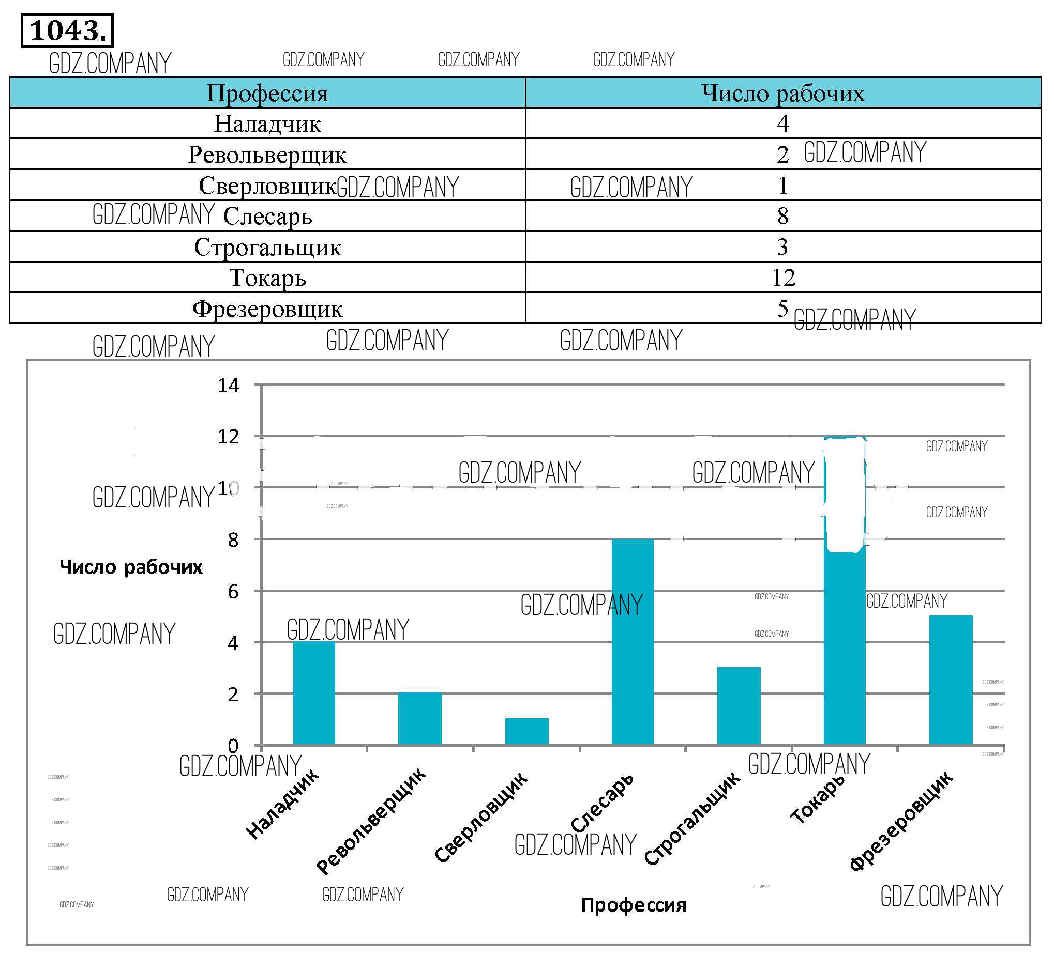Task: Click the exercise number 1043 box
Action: pos(67,31)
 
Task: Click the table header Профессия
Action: pos(267,94)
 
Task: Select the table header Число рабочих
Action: pos(782,94)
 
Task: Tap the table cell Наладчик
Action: pos(267,124)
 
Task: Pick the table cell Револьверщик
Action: pos(267,155)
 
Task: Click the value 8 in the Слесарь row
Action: pos(782,216)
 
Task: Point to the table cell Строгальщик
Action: pos(267,247)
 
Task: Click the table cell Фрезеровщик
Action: pos(267,309)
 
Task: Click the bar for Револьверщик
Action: pos(420,718)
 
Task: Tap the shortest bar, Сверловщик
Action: pos(526,731)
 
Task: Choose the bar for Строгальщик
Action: pos(739,706)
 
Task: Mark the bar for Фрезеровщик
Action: pos(951,680)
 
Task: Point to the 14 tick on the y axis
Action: pos(229,386)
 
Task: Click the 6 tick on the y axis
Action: pos(233,592)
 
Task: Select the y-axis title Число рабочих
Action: pos(131,567)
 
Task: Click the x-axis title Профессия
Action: pos(634,905)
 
